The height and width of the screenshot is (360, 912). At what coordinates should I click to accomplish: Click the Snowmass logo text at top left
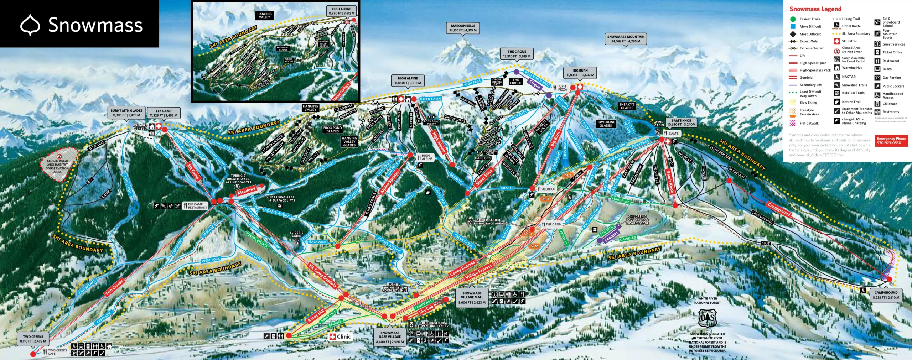95,25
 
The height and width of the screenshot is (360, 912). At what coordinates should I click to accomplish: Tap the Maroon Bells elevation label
463,28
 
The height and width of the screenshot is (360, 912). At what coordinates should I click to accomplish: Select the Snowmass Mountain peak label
626,39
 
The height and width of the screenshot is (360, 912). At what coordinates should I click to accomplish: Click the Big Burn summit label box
580,73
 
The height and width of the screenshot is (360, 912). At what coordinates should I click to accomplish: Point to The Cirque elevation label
517,54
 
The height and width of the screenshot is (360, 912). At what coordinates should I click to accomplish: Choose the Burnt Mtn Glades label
126,113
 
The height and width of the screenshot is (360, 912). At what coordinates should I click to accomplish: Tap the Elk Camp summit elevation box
164,113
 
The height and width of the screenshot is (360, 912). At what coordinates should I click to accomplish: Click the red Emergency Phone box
891,140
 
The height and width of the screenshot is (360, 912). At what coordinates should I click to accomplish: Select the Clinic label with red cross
340,336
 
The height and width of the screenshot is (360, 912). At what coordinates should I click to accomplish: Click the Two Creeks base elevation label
33,339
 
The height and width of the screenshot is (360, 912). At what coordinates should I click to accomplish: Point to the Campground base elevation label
886,295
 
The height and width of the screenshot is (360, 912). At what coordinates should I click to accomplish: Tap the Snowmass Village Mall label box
472,298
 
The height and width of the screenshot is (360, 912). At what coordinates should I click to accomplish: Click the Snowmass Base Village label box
390,337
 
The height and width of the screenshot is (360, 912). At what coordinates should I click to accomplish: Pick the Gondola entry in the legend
805,78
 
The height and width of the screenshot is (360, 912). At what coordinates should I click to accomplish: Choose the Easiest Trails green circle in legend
793,19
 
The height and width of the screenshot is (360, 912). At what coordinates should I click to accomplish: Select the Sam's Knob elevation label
681,122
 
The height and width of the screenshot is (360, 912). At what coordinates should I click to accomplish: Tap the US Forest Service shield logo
707,318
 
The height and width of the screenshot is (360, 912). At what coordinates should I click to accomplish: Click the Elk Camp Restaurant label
197,206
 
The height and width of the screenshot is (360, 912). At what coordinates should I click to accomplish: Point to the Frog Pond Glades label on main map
332,129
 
